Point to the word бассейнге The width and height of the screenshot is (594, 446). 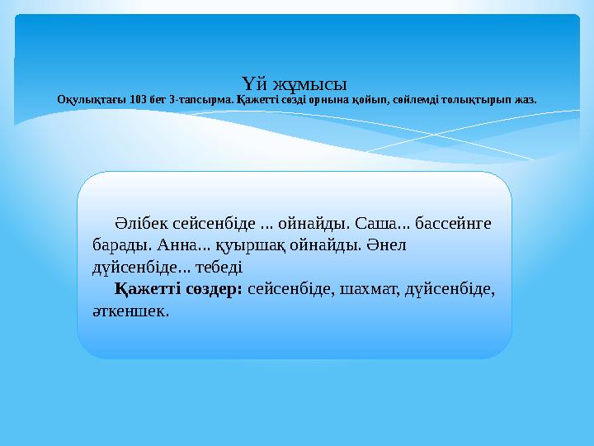pyautogui.click(x=452, y=224)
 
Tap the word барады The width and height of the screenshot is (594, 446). pyautogui.click(x=119, y=246)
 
